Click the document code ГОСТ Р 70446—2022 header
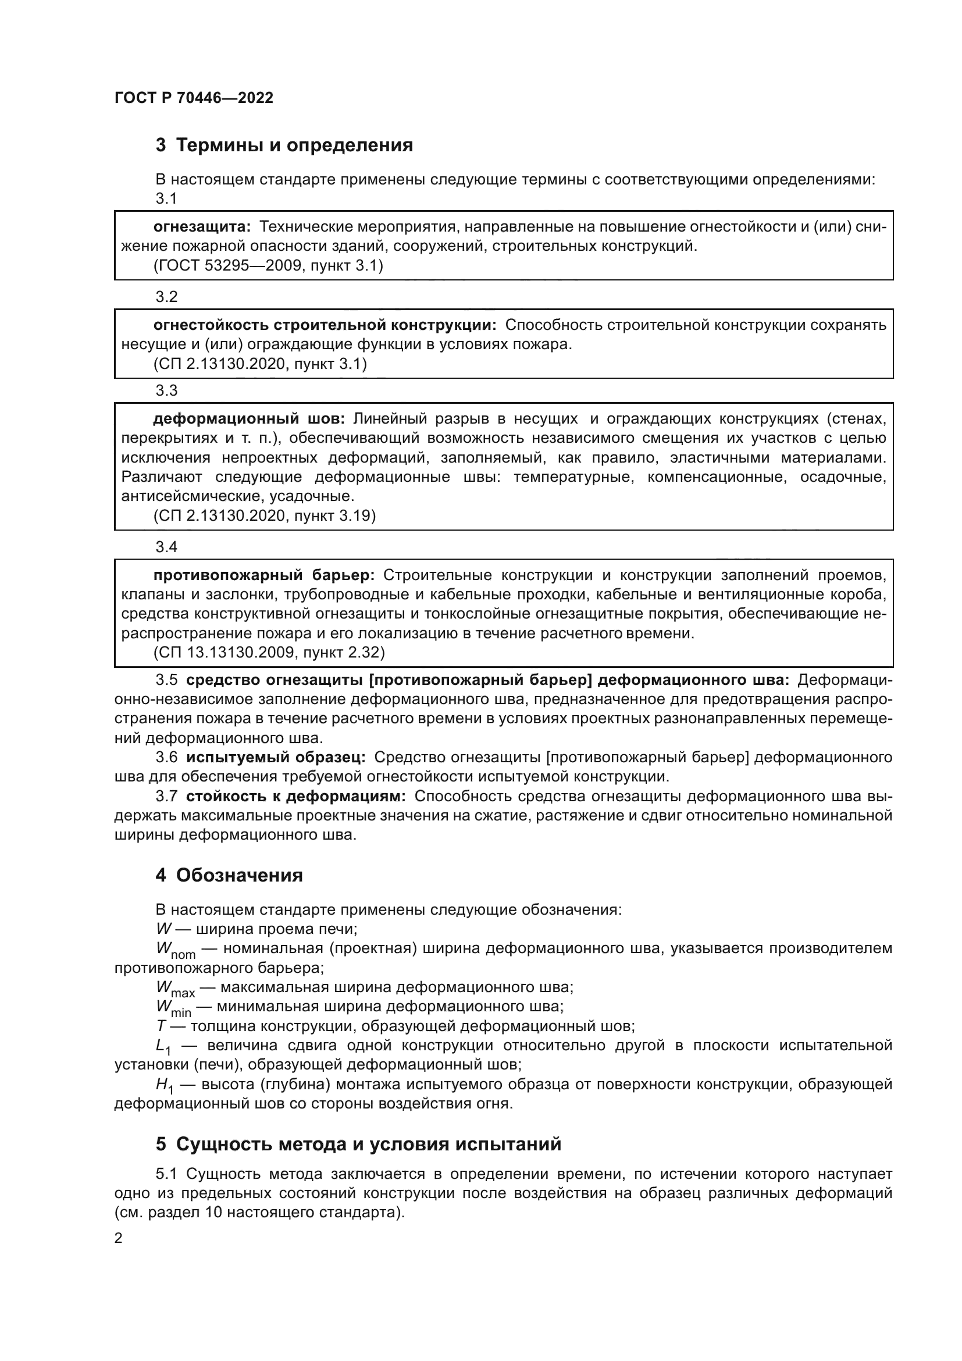194,98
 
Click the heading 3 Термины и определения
284,145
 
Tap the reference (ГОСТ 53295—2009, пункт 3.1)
268,265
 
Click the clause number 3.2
166,297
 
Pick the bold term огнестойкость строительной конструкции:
325,325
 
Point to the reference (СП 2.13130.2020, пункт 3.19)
264,516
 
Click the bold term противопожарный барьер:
263,575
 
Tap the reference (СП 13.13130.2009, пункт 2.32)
269,653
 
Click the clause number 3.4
166,547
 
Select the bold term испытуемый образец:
276,757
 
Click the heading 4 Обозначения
229,875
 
